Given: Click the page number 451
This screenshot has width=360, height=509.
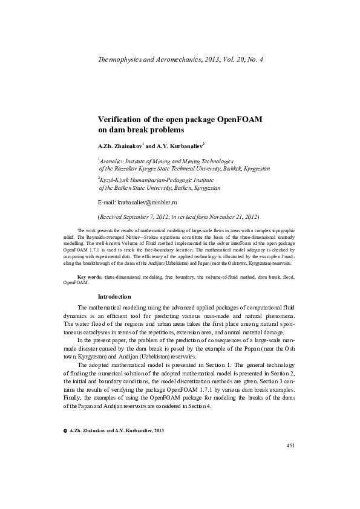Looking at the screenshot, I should pyautogui.click(x=290, y=462).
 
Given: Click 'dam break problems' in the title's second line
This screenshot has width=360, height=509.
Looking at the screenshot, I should pyautogui.click(x=140, y=129).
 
